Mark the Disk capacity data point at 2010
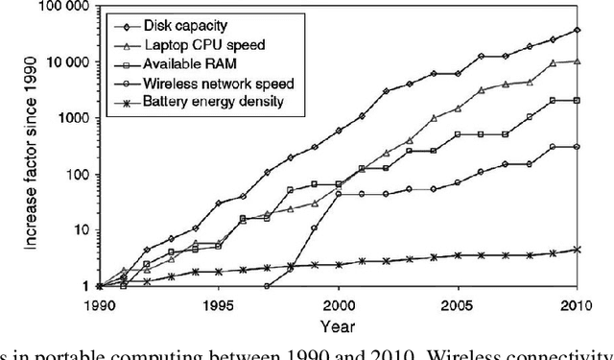point(576,30)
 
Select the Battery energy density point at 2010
point(576,250)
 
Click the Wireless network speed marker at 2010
point(576,147)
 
